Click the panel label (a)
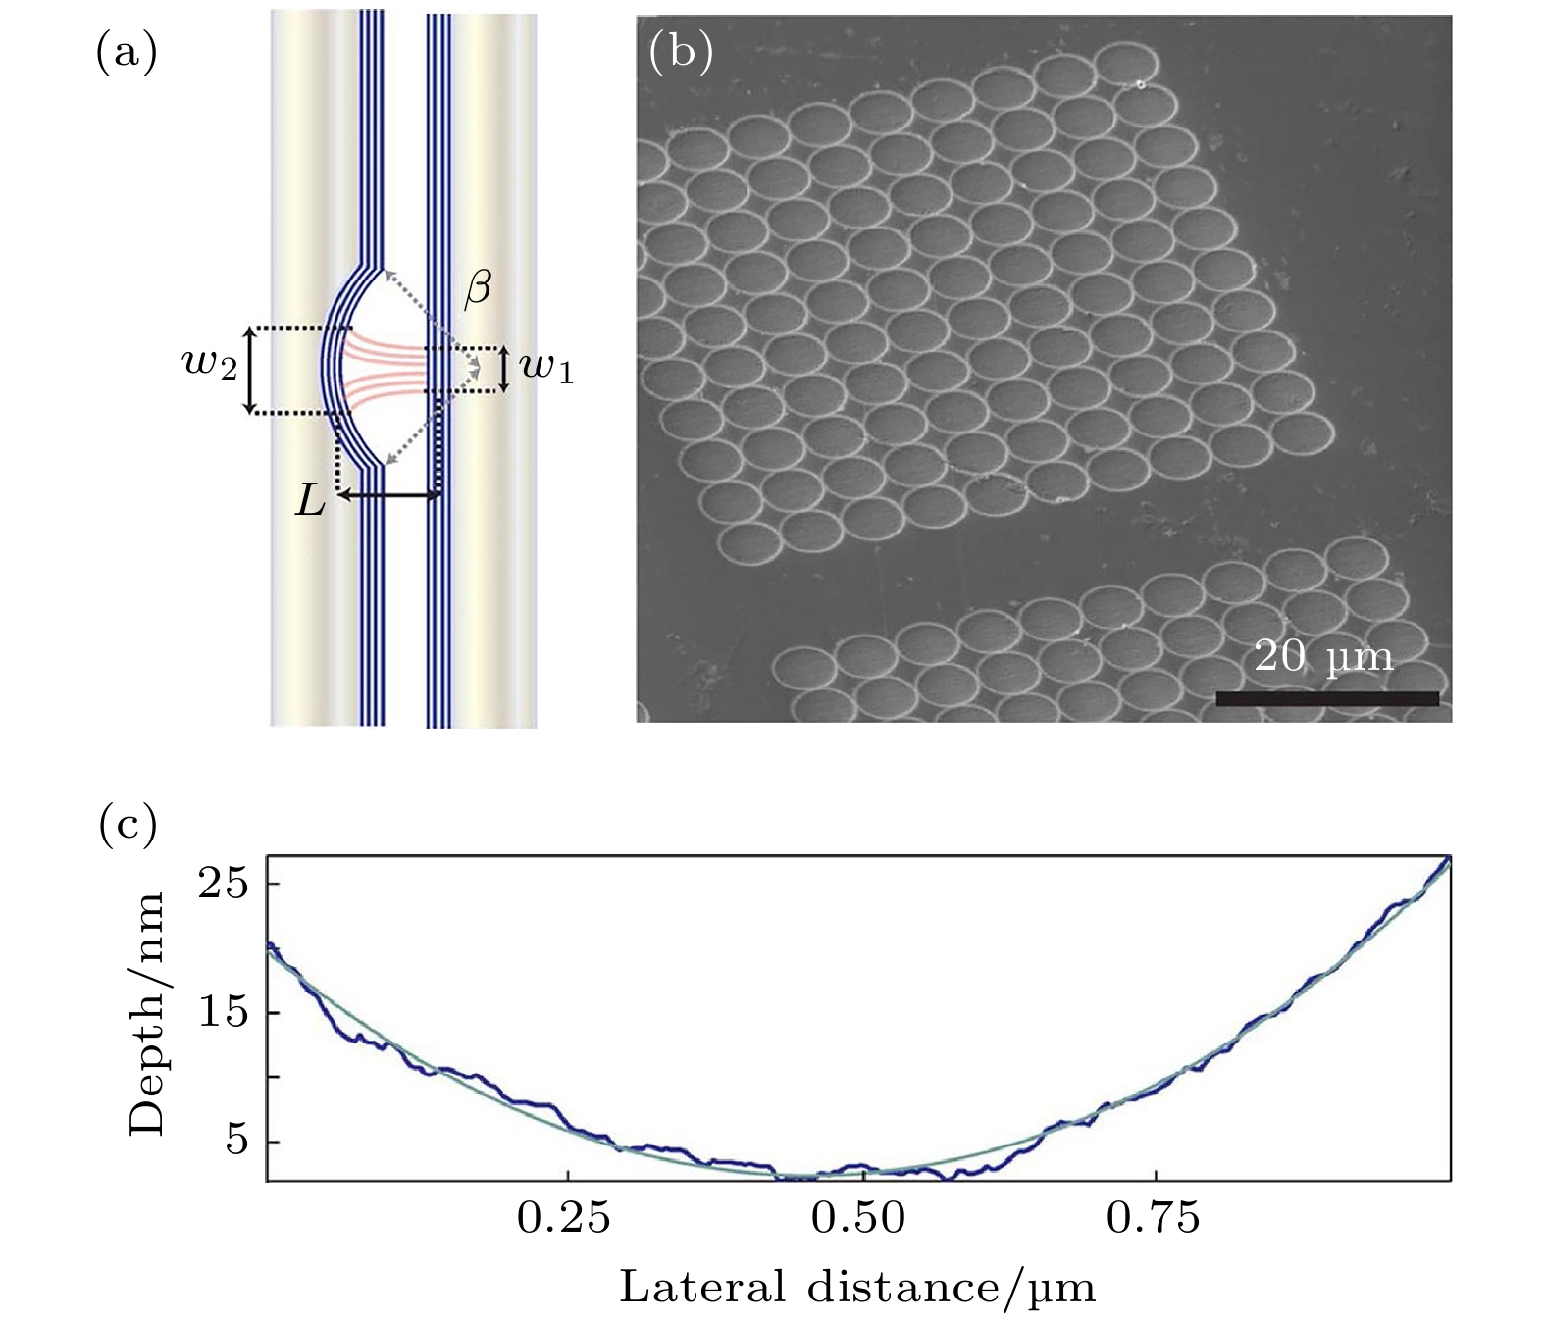click(126, 53)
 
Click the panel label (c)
click(128, 826)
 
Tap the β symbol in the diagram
click(477, 290)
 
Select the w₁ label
click(545, 369)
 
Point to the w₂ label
click(210, 369)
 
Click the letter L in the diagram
click(311, 502)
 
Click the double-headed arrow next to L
click(388, 496)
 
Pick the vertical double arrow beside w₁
click(504, 369)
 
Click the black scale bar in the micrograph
click(1327, 698)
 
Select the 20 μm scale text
click(1323, 656)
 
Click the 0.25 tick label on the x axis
click(564, 1218)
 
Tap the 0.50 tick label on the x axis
click(859, 1218)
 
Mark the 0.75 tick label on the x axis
click(1154, 1218)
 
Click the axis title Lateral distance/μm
click(857, 1286)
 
